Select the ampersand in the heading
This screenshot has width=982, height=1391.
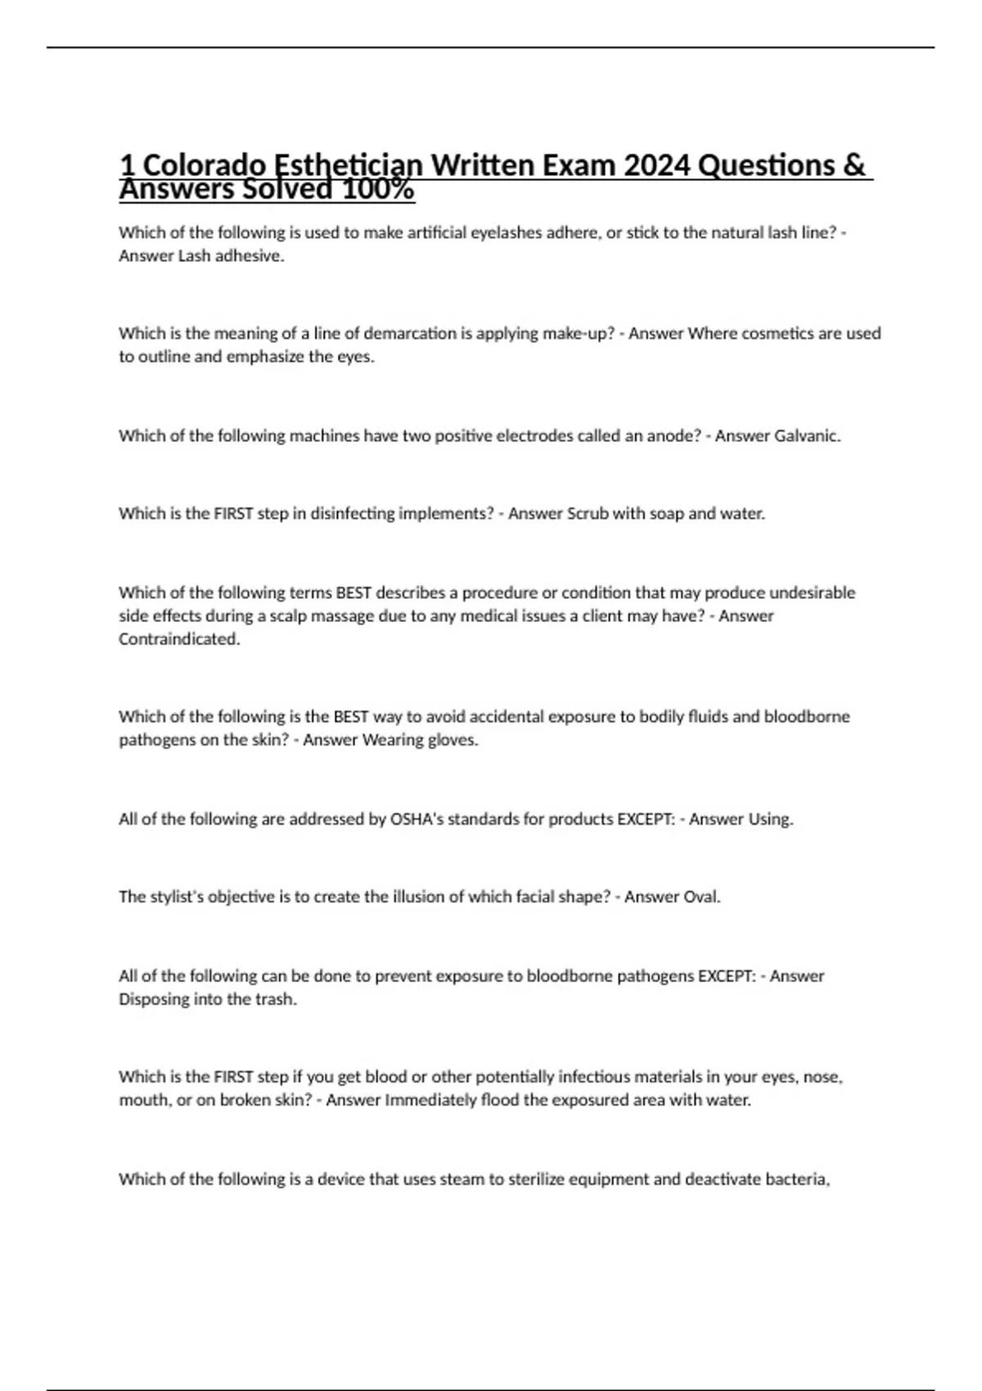tap(853, 165)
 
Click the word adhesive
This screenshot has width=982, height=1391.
tap(250, 256)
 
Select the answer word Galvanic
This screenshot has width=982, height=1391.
tap(806, 436)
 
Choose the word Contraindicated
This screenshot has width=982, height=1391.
tap(178, 640)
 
